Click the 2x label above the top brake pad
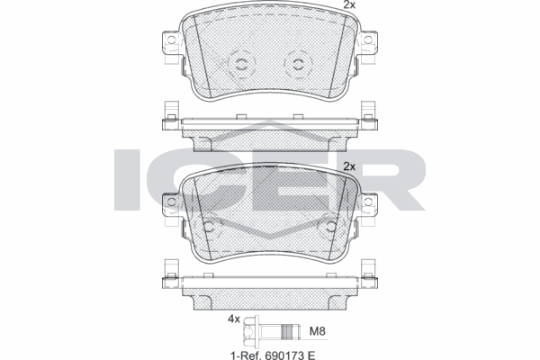coord(349,6)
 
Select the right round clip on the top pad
coord(298,63)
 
